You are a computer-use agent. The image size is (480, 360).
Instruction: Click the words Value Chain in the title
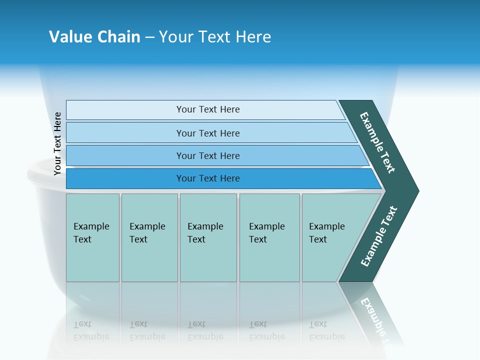click(x=94, y=37)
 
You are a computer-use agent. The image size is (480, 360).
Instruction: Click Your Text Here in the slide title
click(x=215, y=37)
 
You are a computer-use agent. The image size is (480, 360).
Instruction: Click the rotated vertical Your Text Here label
click(x=57, y=144)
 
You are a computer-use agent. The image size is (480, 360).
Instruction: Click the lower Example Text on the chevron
click(x=379, y=236)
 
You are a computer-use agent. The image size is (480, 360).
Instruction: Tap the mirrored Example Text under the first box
click(x=91, y=330)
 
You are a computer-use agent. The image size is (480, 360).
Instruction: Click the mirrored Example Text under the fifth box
click(x=326, y=330)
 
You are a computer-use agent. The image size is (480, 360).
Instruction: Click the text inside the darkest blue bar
click(x=208, y=178)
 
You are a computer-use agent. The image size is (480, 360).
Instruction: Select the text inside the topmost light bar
click(x=208, y=109)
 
